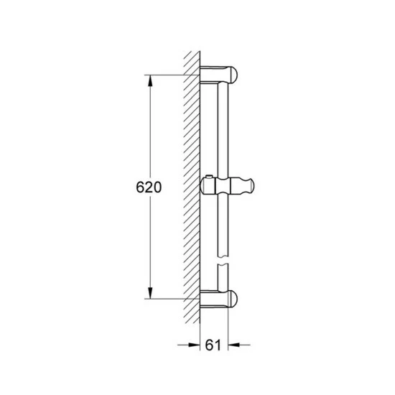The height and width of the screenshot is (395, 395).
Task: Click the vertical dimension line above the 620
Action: coord(149,129)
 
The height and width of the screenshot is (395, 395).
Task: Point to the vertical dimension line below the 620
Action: coord(149,244)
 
